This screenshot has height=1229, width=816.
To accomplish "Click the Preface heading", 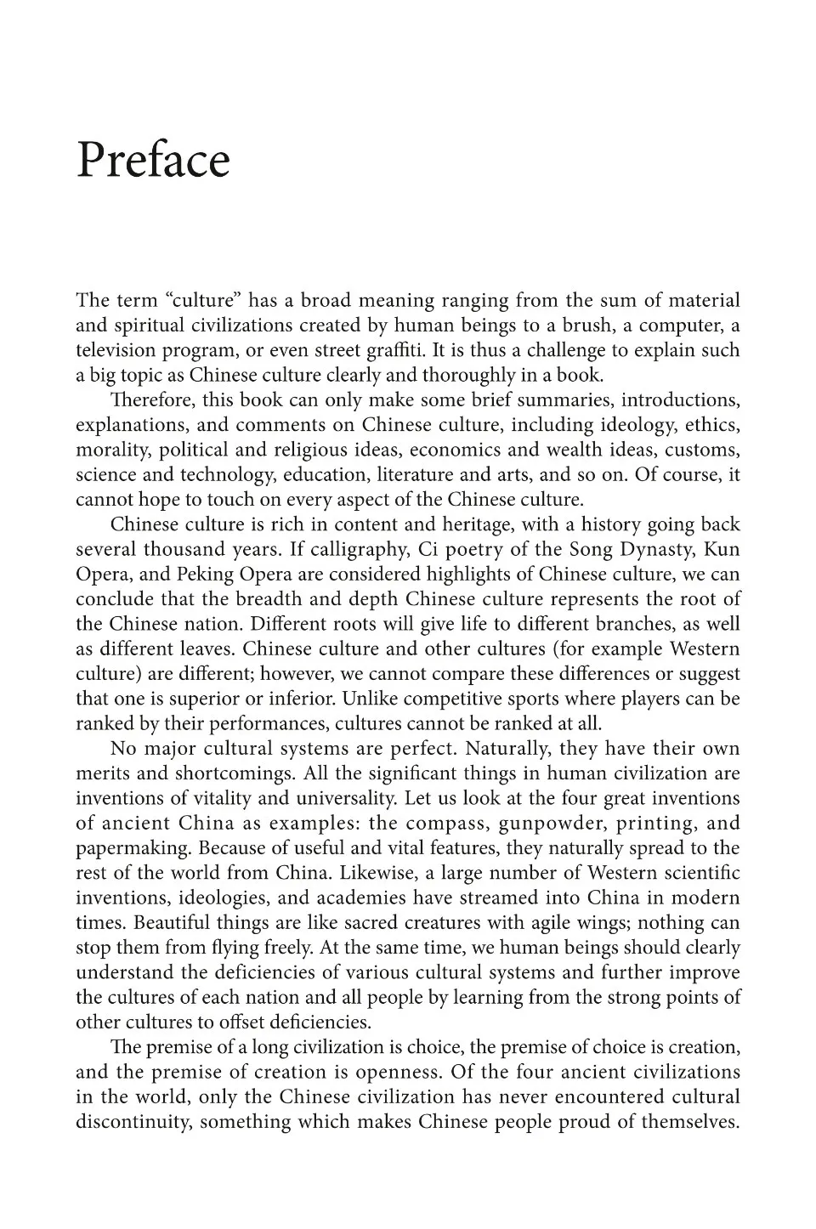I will (x=153, y=160).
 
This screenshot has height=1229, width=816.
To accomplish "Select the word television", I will (x=116, y=350).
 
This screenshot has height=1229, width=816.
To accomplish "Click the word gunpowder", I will (x=548, y=823).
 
